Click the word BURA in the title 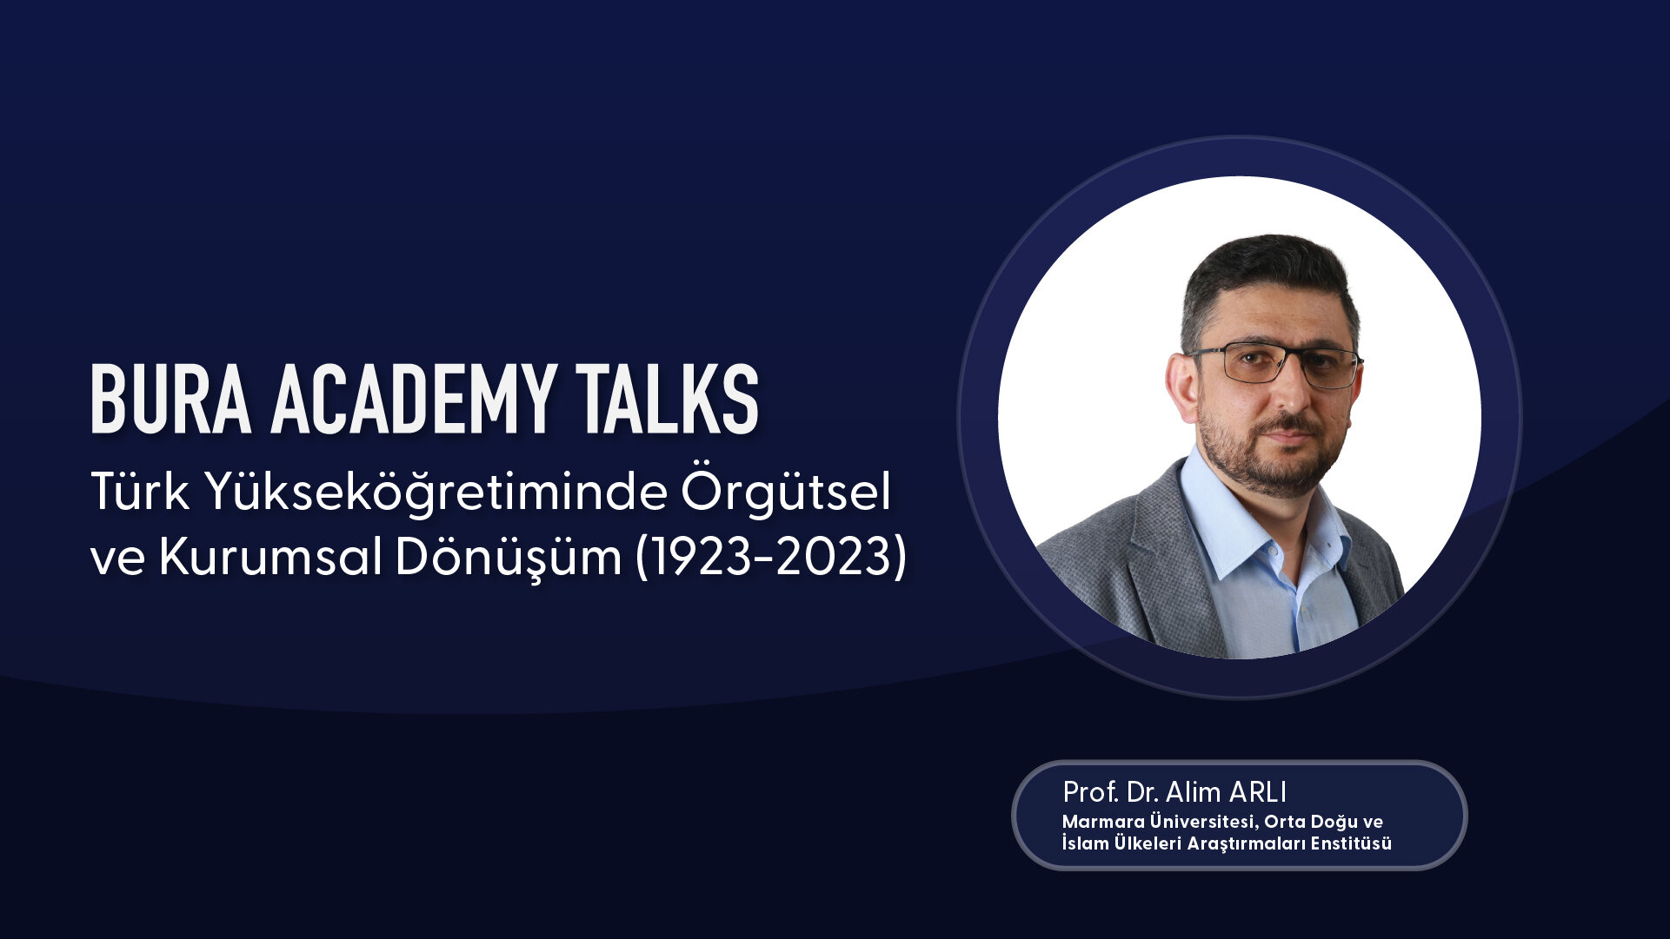(171, 399)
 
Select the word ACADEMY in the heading (413, 399)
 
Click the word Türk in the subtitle (140, 492)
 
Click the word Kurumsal (269, 558)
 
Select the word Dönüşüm (509, 558)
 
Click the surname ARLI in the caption (1257, 792)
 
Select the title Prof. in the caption (1090, 792)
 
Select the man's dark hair (1265, 278)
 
